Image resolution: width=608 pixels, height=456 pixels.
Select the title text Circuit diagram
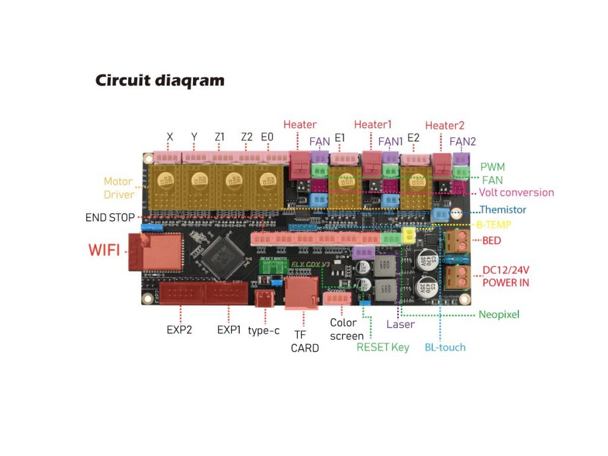[160, 80]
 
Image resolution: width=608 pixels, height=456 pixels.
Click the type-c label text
[263, 330]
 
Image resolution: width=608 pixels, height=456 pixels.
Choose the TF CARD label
[305, 341]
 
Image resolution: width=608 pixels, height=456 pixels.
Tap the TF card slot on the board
[302, 293]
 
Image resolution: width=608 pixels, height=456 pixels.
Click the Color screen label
[347, 329]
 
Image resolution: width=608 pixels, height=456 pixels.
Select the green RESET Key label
[382, 347]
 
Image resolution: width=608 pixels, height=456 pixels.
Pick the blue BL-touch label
[445, 347]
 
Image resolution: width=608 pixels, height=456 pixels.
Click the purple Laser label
[400, 324]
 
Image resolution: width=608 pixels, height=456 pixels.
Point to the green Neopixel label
[499, 314]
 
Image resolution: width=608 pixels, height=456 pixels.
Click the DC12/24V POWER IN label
[505, 276]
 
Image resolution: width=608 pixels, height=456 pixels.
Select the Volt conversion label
[516, 192]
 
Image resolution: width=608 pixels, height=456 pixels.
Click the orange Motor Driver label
[118, 188]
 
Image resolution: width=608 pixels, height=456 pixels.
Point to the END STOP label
[110, 217]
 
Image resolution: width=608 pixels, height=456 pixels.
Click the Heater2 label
[444, 125]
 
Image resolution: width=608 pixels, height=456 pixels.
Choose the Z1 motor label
[220, 137]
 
